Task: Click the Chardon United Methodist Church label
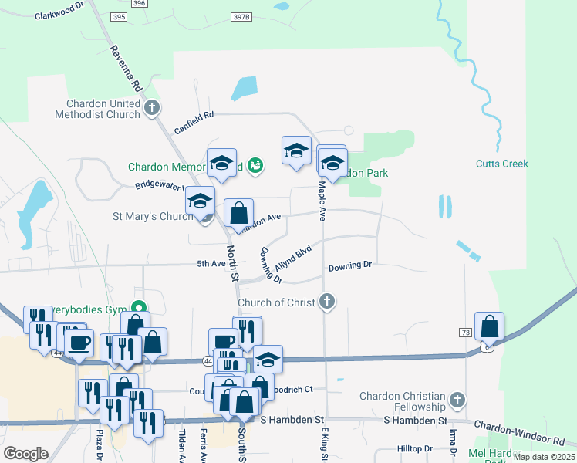97,109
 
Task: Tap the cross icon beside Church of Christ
328,301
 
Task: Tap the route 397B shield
241,16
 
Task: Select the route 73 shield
465,333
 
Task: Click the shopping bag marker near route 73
489,327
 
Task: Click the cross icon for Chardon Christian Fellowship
457,400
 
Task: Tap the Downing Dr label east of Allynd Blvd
350,265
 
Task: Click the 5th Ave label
210,263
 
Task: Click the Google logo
25,453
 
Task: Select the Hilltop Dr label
415,448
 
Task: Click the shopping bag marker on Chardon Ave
239,213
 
